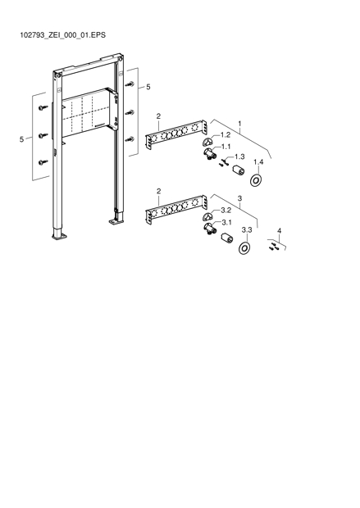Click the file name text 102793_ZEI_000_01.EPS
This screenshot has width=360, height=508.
[63, 35]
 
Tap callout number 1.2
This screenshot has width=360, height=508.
[226, 134]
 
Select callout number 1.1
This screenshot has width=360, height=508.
[226, 147]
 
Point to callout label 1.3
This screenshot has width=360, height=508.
[239, 156]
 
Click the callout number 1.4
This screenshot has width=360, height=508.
[258, 162]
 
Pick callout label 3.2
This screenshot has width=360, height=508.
[226, 211]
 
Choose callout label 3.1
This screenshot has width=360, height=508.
[226, 223]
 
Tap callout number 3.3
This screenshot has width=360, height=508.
[247, 230]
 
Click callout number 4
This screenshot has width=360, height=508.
[280, 231]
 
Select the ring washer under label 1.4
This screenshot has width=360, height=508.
[257, 180]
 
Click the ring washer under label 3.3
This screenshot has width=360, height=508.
[244, 248]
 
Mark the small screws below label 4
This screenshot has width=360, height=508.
[273, 247]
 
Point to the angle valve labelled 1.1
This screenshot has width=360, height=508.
[210, 154]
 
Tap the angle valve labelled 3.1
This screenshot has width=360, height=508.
[209, 229]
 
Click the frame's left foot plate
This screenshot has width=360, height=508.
[60, 237]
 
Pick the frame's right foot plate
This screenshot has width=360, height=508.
[116, 221]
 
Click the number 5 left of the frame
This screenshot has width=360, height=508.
[21, 139]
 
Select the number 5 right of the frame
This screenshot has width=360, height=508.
[148, 87]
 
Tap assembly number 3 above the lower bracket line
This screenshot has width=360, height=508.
[239, 198]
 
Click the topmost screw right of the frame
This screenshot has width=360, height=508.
[130, 84]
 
